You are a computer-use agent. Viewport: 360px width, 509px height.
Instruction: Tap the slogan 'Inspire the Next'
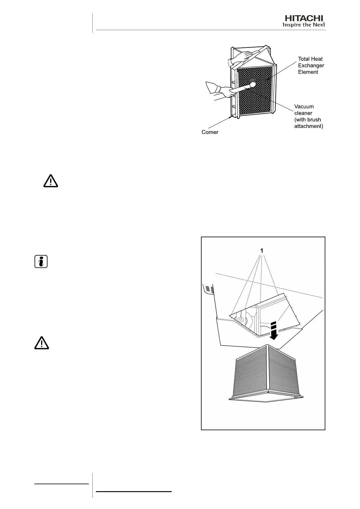click(303, 25)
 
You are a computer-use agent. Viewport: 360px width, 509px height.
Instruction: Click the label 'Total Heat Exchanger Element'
click(311, 65)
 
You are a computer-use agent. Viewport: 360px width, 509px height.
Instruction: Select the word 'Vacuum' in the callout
click(304, 106)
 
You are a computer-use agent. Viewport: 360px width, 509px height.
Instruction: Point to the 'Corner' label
click(210, 132)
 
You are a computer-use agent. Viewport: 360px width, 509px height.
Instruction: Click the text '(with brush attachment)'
click(308, 123)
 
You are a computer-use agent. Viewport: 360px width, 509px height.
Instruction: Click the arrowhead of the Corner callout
click(230, 117)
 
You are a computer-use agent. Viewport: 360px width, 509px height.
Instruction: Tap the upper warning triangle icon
click(50, 181)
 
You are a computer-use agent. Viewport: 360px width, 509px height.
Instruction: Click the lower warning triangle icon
click(41, 342)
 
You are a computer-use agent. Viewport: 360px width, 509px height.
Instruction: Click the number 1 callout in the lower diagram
click(262, 251)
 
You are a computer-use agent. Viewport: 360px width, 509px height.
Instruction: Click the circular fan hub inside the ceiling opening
click(241, 319)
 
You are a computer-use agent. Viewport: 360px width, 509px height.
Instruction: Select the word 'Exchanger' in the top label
click(311, 65)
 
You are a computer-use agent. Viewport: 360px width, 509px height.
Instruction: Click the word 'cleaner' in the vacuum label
click(303, 113)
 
